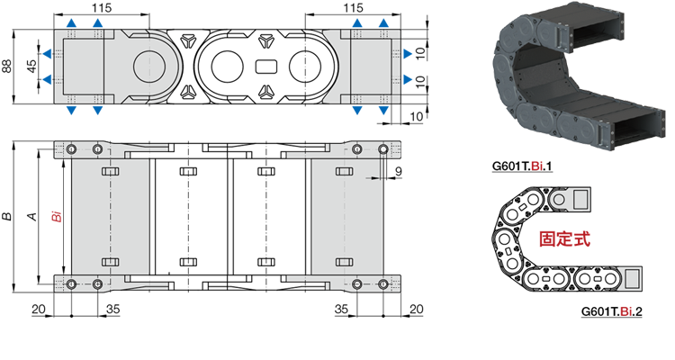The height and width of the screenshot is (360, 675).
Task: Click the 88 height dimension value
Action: click(x=7, y=67)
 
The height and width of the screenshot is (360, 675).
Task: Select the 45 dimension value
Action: click(x=31, y=66)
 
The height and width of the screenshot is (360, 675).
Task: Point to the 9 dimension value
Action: click(x=398, y=171)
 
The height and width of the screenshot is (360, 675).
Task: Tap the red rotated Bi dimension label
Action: click(x=57, y=216)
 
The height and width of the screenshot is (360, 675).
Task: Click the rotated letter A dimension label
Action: click(x=32, y=216)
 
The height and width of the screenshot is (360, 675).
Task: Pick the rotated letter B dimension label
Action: click(x=7, y=216)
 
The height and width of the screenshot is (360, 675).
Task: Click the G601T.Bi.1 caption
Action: click(x=522, y=166)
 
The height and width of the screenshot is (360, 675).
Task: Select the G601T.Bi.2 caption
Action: click(x=611, y=310)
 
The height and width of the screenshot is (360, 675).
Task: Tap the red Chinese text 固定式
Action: click(x=564, y=238)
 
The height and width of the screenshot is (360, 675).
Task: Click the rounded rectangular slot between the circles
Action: click(x=266, y=67)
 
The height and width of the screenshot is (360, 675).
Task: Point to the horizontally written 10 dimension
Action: click(x=417, y=116)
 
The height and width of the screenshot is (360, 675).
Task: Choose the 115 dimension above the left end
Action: click(x=102, y=7)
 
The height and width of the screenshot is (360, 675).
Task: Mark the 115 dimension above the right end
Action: click(x=353, y=7)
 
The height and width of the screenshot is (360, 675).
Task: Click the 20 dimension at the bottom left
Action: click(x=39, y=310)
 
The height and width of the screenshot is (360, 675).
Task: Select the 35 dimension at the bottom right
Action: click(x=341, y=310)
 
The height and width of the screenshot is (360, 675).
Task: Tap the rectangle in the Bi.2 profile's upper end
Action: click(x=581, y=199)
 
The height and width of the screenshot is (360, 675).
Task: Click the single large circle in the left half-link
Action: click(x=149, y=67)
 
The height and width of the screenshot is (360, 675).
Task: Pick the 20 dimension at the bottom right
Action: click(x=417, y=310)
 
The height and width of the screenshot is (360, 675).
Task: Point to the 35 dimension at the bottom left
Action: click(x=113, y=310)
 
